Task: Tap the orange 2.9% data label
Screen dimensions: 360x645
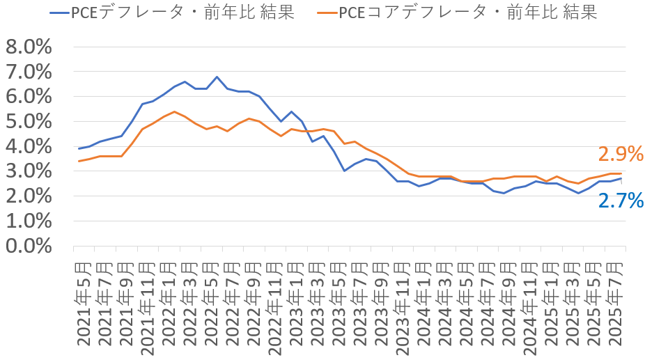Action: pos(621,155)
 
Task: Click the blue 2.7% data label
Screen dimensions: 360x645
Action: pos(621,201)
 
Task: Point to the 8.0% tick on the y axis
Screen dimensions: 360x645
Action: pos(29,47)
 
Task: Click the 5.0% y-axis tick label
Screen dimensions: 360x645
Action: pos(29,121)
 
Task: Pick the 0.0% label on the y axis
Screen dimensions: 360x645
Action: pos(29,246)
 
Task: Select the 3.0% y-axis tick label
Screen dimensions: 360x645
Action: pos(29,171)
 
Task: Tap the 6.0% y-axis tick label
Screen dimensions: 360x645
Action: pos(29,96)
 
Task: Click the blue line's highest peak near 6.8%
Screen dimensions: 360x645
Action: pos(217,77)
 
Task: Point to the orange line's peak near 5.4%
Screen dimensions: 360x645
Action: pos(174,111)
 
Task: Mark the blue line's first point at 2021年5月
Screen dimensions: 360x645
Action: pos(79,148)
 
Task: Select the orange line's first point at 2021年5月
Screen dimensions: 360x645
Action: pos(79,161)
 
